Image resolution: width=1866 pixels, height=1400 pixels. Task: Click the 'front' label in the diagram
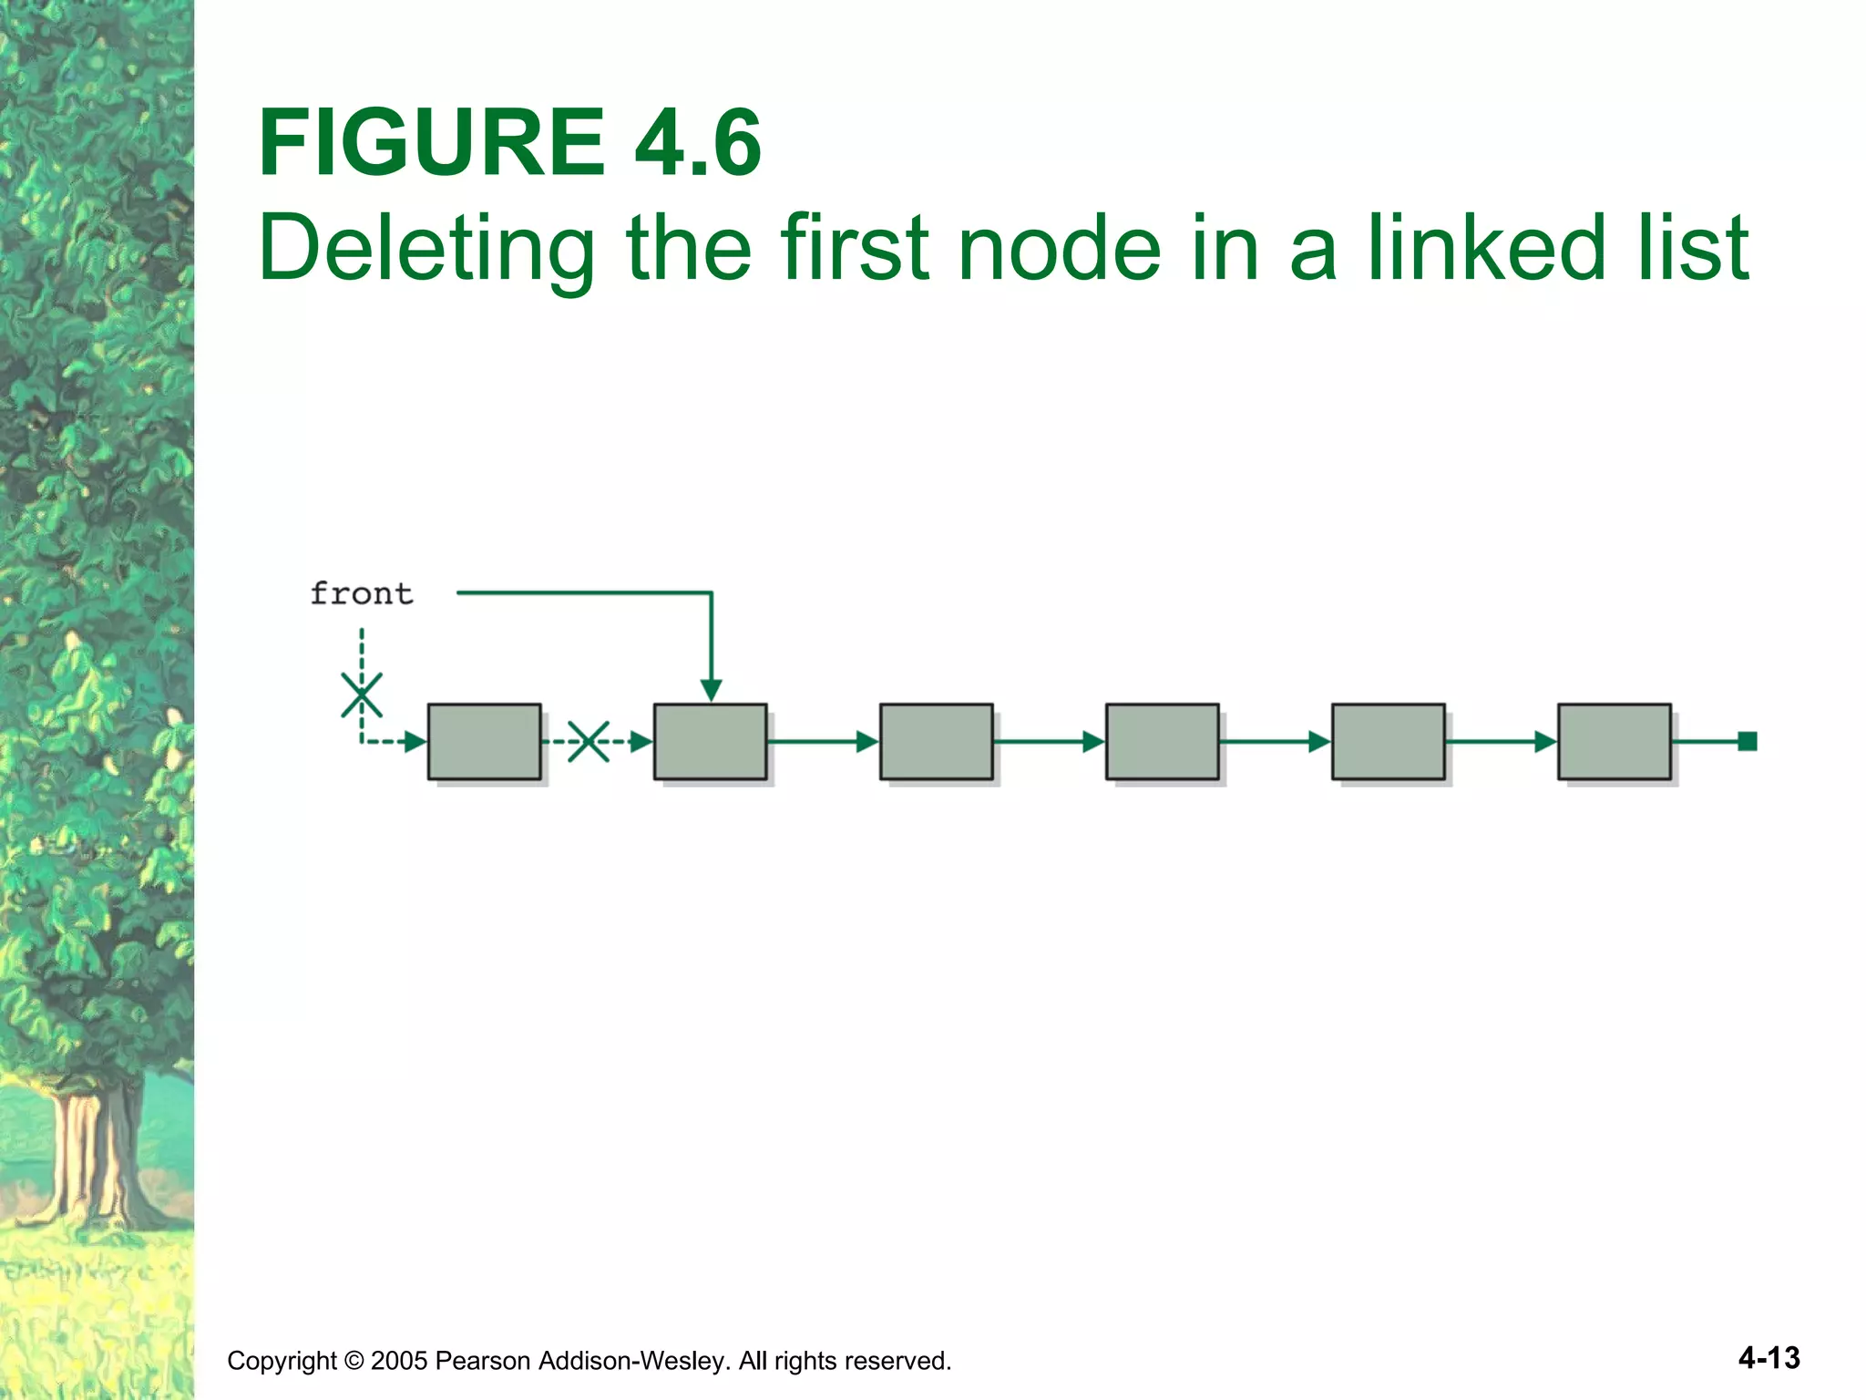tap(362, 594)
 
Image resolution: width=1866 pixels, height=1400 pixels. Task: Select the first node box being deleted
tap(484, 741)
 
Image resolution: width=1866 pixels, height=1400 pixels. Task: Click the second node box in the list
tap(710, 741)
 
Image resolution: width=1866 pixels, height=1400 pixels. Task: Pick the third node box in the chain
tap(936, 741)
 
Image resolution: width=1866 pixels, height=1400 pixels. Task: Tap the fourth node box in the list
tap(1162, 741)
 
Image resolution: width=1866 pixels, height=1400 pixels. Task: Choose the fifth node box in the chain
tap(1388, 741)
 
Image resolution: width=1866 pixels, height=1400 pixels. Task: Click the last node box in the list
tap(1614, 741)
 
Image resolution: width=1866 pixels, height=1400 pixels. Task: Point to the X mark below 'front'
tap(362, 695)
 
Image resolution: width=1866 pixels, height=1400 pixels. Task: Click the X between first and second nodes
tap(589, 741)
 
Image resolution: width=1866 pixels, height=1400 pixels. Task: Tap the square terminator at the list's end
tap(1747, 741)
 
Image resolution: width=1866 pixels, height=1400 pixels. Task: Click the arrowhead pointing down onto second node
tap(711, 690)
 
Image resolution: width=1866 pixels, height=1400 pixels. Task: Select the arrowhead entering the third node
tap(866, 742)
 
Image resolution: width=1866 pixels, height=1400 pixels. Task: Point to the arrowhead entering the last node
tap(1544, 742)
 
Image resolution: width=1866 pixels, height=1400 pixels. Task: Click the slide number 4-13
tap(1769, 1358)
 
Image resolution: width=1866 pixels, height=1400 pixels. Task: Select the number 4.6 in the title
tap(697, 143)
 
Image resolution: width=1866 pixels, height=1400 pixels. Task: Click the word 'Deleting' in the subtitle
tap(426, 248)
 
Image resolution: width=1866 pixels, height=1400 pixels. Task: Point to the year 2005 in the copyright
tap(399, 1361)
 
